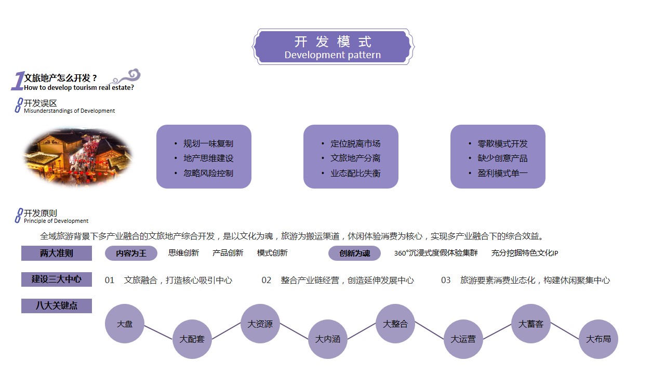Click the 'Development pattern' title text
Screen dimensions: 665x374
[x=332, y=55]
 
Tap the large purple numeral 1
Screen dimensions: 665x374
[x=18, y=81]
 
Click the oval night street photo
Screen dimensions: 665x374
[x=78, y=157]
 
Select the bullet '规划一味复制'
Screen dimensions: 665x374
[x=208, y=144]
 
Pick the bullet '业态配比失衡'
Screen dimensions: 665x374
[x=355, y=173]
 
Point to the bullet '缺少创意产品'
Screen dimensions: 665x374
[x=502, y=158]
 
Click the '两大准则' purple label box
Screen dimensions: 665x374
[x=57, y=253]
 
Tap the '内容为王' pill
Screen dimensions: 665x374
[x=131, y=253]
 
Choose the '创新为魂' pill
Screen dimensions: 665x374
[x=354, y=253]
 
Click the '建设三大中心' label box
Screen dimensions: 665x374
[x=57, y=279]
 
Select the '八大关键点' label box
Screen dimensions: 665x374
[x=57, y=306]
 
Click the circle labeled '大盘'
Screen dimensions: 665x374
[x=125, y=324]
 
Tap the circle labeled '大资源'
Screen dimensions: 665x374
[x=260, y=324]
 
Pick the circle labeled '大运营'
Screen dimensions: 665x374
[x=463, y=339]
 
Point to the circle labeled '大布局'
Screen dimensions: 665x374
[x=598, y=339]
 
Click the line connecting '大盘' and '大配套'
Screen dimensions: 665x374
[x=158, y=332]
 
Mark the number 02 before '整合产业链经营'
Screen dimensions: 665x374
[x=267, y=280]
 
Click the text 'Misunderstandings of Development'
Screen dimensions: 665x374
[x=69, y=111]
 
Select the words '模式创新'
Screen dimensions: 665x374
[x=272, y=253]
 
